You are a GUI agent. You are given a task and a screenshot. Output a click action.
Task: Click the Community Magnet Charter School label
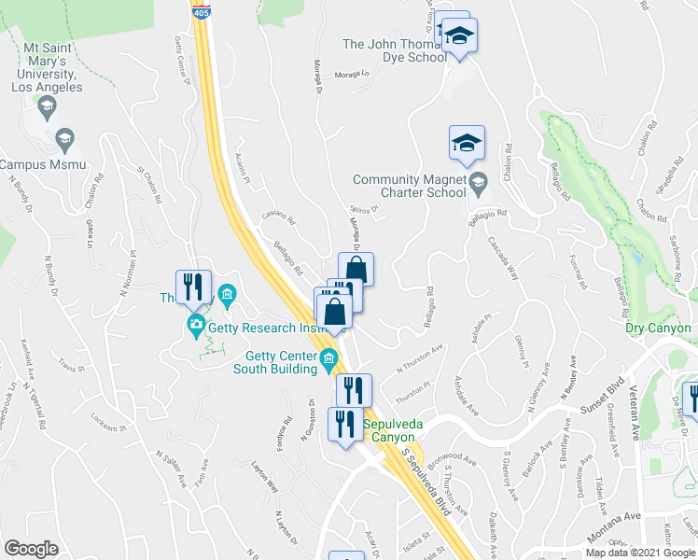tap(409, 187)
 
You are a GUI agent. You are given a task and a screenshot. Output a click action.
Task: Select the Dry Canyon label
tap(661, 328)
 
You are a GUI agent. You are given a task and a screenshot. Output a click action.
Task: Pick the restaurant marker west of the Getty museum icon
tap(193, 287)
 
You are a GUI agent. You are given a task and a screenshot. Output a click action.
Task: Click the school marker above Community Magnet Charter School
tap(467, 143)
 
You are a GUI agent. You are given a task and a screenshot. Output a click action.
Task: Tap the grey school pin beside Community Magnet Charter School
tap(479, 181)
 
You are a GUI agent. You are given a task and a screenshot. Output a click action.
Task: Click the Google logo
tap(31, 549)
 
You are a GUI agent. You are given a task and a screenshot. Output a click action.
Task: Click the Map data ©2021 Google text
tap(640, 553)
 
